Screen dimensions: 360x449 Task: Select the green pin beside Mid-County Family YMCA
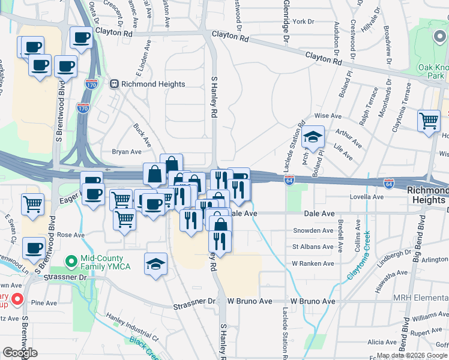71,260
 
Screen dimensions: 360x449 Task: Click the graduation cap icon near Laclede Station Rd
313,137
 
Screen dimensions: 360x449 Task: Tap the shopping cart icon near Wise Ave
429,121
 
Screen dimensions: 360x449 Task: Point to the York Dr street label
303,22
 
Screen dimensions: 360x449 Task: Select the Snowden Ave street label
312,230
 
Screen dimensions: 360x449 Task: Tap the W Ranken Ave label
312,263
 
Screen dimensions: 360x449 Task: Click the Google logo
20,353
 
